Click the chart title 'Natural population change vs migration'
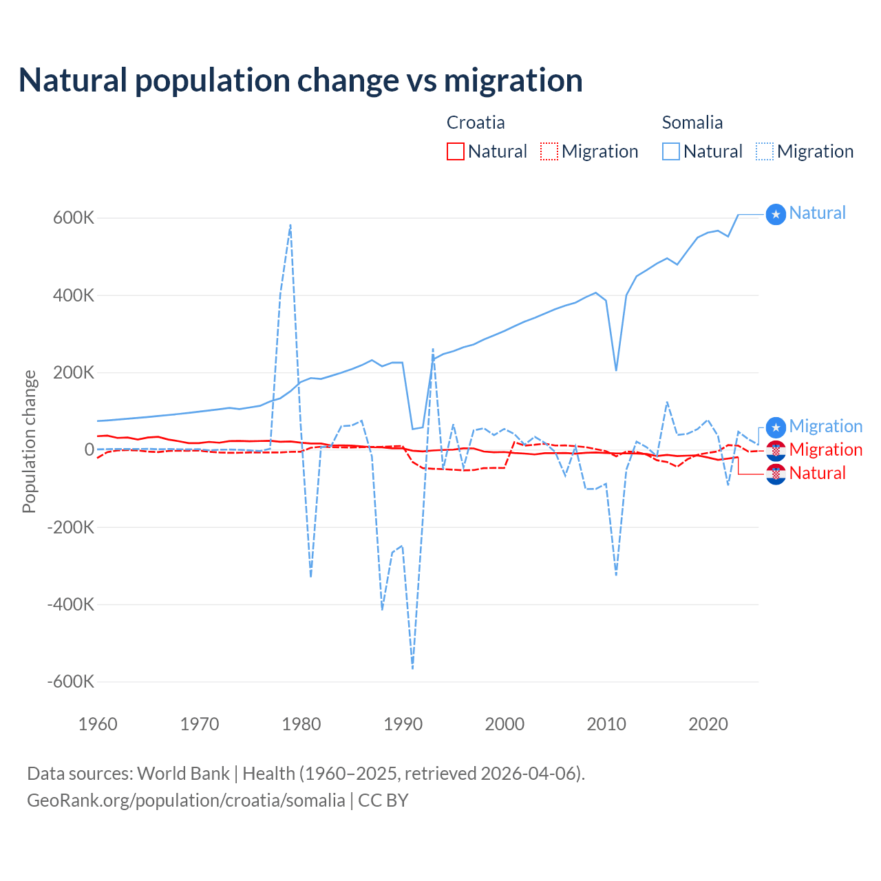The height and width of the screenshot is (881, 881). pyautogui.click(x=301, y=81)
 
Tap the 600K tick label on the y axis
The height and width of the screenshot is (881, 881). pyautogui.click(x=74, y=218)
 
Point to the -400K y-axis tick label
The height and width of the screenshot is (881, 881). pyautogui.click(x=71, y=604)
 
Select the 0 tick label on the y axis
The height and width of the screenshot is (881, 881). pyautogui.click(x=89, y=449)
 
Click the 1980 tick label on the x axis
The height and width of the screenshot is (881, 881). pyautogui.click(x=301, y=724)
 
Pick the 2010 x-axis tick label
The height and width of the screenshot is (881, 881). pyautogui.click(x=606, y=724)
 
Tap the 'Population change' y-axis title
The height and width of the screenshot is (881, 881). pyautogui.click(x=29, y=442)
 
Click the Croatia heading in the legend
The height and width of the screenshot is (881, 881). pyautogui.click(x=476, y=123)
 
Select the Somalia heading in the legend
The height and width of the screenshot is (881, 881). pyautogui.click(x=692, y=123)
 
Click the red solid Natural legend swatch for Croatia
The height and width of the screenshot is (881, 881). pyautogui.click(x=456, y=151)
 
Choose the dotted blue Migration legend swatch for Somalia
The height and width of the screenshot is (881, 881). pyautogui.click(x=765, y=151)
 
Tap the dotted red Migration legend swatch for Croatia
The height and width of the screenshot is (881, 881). pyautogui.click(x=549, y=151)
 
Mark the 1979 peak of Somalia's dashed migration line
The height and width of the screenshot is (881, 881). pyautogui.click(x=290, y=224)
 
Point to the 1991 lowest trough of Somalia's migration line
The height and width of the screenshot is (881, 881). pyautogui.click(x=412, y=668)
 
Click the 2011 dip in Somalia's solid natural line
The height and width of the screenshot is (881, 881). pyautogui.click(x=616, y=370)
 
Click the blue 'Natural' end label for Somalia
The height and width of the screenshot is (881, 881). pyautogui.click(x=817, y=213)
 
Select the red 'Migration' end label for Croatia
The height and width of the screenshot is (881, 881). pyautogui.click(x=825, y=450)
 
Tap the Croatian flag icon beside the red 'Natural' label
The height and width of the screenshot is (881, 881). pyautogui.click(x=776, y=474)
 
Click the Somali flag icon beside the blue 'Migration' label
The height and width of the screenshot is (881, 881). pyautogui.click(x=776, y=427)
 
